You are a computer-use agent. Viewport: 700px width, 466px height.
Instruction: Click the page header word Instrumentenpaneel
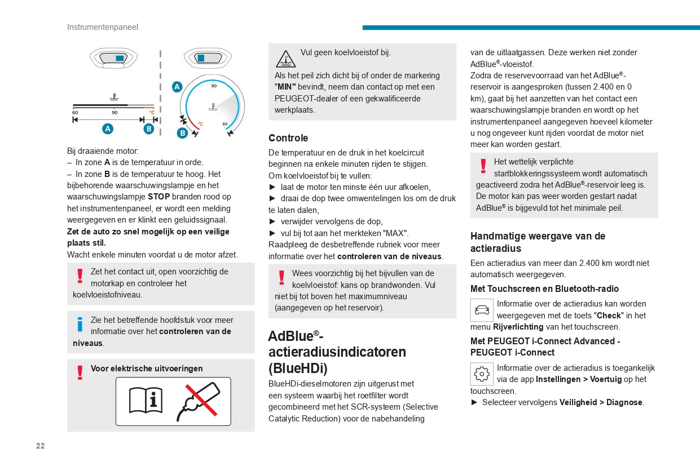[102, 27]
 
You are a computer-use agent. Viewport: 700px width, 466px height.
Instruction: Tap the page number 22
[40, 446]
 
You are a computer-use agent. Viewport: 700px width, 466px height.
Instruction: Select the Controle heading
[288, 138]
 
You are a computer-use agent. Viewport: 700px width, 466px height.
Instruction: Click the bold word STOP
[159, 197]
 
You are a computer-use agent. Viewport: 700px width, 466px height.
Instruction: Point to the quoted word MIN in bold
[285, 87]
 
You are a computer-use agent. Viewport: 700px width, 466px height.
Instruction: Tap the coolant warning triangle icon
[285, 58]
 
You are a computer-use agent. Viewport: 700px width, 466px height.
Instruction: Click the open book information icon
[146, 401]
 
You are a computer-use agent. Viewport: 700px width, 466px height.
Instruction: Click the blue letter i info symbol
[80, 325]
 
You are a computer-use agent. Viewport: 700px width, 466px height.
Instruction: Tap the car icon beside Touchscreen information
[482, 310]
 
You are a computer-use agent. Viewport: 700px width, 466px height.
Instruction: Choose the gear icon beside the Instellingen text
[482, 374]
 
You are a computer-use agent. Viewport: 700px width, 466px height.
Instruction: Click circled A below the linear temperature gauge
[108, 128]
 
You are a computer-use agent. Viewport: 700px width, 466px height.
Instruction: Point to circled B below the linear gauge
[148, 128]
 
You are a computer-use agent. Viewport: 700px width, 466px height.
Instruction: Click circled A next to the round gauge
[177, 87]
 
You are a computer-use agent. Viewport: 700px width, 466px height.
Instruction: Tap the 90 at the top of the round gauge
[214, 86]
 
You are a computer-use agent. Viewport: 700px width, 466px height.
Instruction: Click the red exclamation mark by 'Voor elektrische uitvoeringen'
[80, 372]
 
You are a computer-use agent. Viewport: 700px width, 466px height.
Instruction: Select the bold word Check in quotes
[609, 316]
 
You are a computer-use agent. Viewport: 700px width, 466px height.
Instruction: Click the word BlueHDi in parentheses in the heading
[298, 368]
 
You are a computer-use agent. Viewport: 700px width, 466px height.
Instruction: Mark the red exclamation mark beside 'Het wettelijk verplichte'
[483, 166]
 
